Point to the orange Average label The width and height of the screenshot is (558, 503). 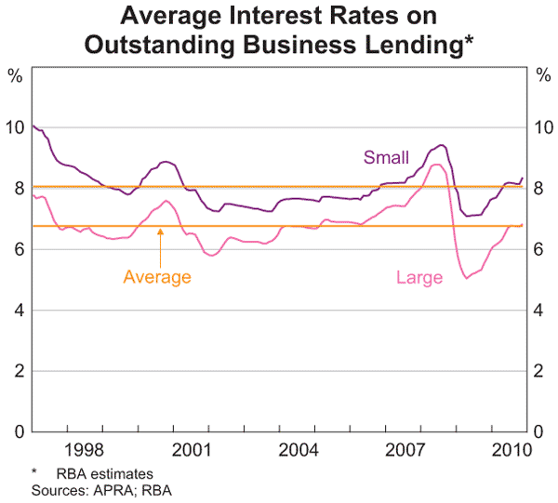(x=157, y=276)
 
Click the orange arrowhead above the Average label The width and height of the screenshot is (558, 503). (x=161, y=232)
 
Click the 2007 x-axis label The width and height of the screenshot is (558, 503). (x=406, y=451)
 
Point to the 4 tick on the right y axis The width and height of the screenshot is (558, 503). (x=542, y=311)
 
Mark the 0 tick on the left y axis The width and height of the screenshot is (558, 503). (x=19, y=431)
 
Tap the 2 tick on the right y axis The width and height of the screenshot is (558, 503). (x=542, y=371)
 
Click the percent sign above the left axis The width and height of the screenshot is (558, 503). (x=16, y=75)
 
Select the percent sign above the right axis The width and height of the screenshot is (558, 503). (x=542, y=75)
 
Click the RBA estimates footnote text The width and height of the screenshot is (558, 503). (x=106, y=474)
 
